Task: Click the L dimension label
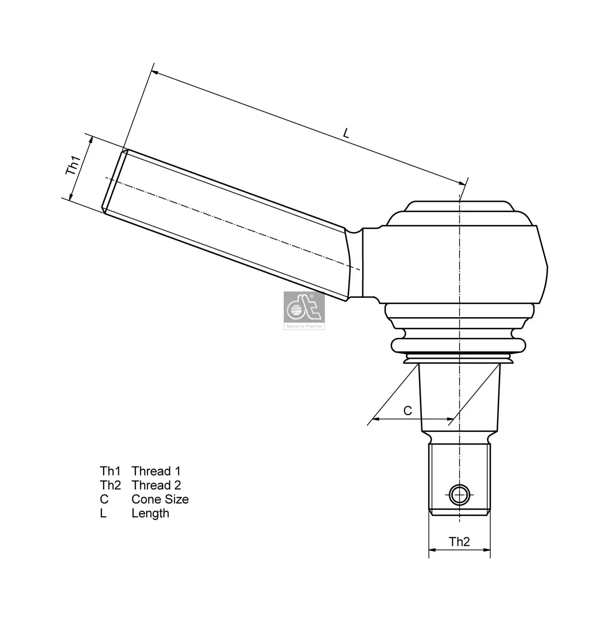(346, 134)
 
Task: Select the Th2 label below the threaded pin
(459, 542)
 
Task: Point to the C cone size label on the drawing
(408, 411)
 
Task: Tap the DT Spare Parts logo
(304, 310)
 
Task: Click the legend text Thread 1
(156, 471)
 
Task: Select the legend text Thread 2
(156, 485)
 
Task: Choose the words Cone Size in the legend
(160, 499)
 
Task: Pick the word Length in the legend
(150, 513)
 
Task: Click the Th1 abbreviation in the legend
(110, 471)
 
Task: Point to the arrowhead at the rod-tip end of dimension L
(154, 73)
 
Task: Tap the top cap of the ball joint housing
(459, 207)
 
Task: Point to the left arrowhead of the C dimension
(375, 419)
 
